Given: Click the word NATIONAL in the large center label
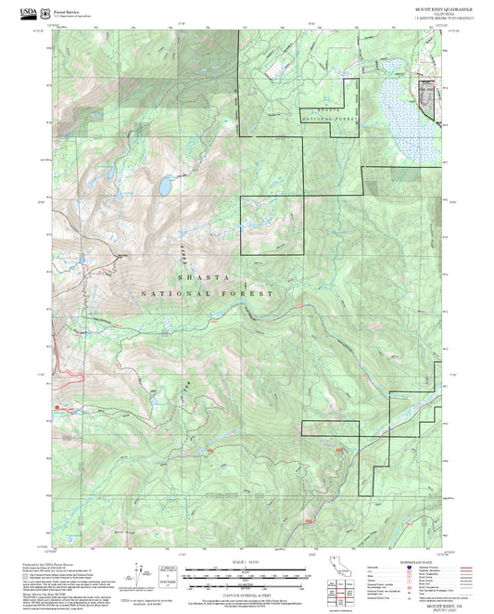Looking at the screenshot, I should coord(177,293).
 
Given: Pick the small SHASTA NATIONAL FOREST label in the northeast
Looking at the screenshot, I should coord(330,115).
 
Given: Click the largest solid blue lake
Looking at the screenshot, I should coord(163,186).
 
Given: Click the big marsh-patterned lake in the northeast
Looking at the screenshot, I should coord(399,104).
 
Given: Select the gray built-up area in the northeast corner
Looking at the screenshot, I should coord(429,96).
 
